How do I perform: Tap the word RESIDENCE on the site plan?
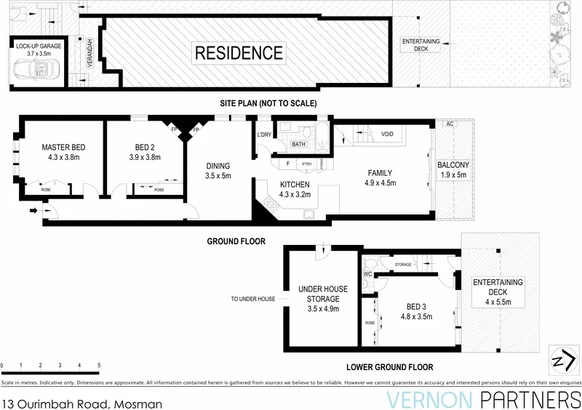point(238,53)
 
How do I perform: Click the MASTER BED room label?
point(63,148)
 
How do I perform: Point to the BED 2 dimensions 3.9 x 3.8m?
point(148,156)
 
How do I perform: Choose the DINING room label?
point(218,166)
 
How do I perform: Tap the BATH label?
point(299,144)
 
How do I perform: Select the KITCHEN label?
point(295,185)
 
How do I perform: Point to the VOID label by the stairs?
point(388,134)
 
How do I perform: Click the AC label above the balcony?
point(450,124)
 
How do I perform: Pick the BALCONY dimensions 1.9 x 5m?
point(454,174)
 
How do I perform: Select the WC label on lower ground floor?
point(368,275)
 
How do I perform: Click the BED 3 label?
point(416,306)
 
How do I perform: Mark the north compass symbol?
point(560,359)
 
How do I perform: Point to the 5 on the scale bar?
point(98,366)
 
